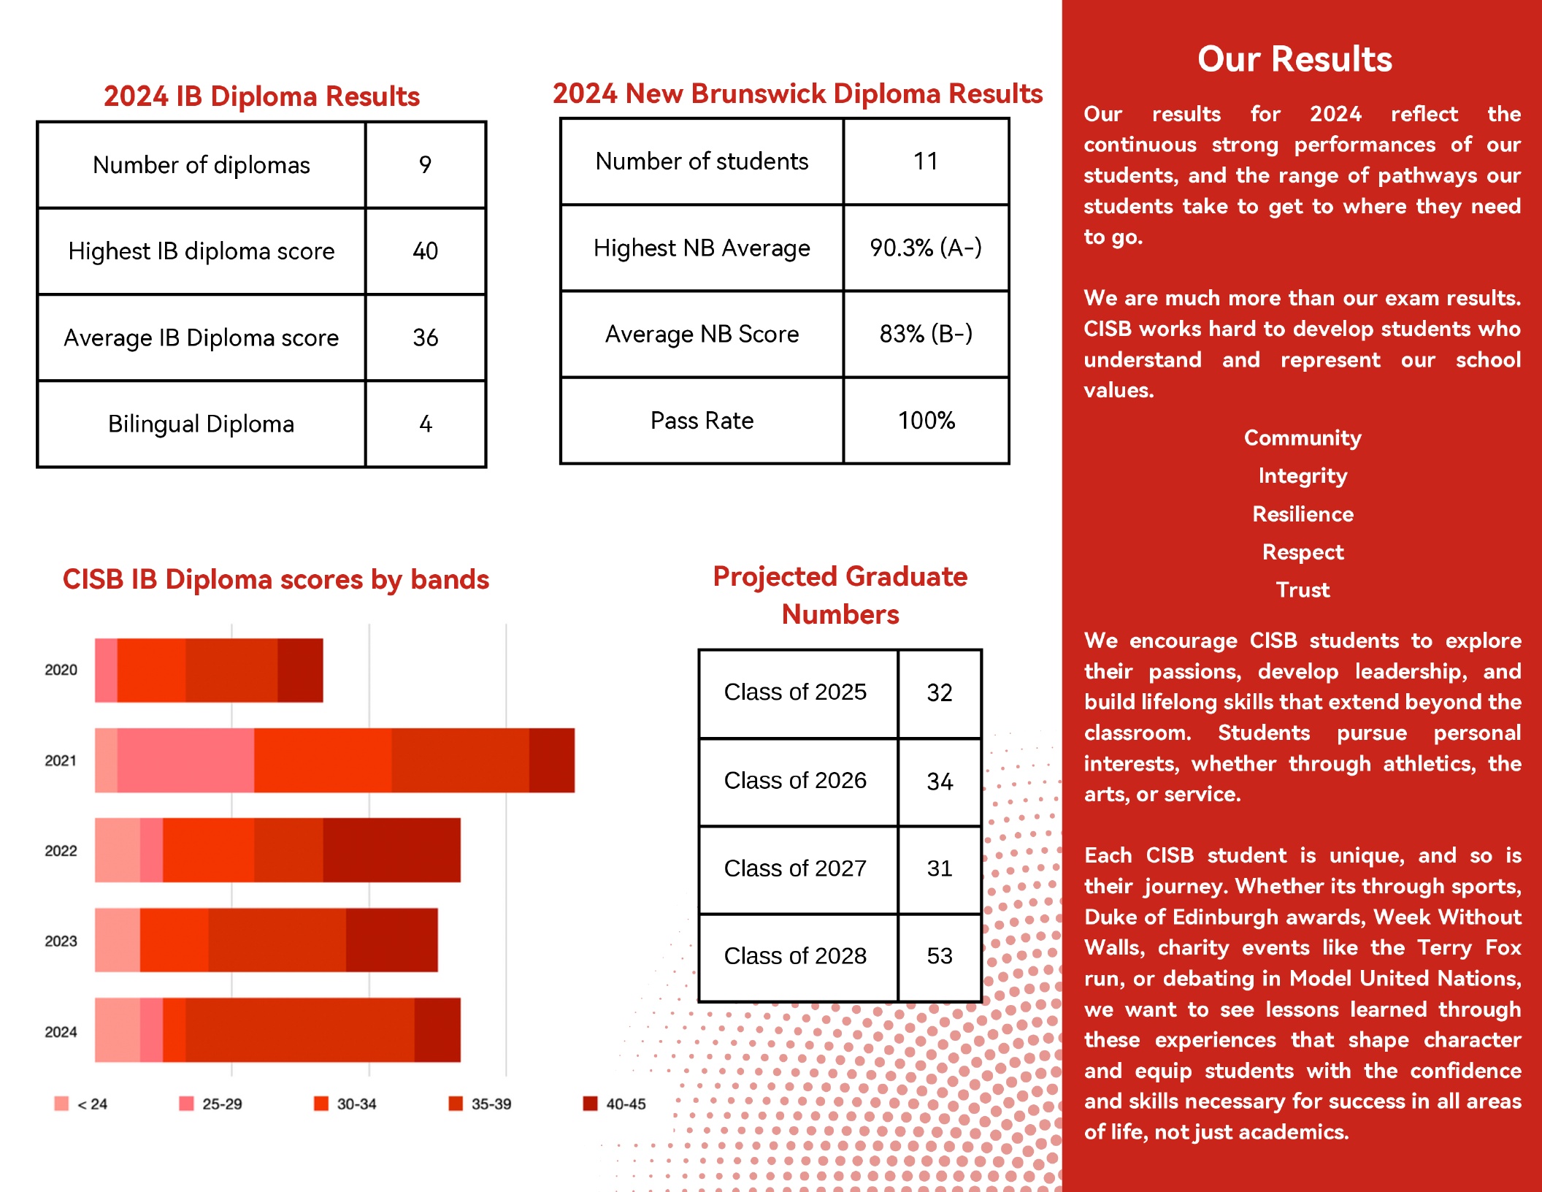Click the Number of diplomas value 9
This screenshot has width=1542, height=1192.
pyautogui.click(x=425, y=164)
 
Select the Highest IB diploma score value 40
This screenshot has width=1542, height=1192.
pyautogui.click(x=425, y=251)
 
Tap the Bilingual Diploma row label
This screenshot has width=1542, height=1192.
pyautogui.click(x=201, y=424)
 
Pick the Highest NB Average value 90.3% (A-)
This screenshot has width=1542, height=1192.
pyautogui.click(x=926, y=248)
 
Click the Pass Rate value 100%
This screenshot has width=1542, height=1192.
pyautogui.click(x=926, y=420)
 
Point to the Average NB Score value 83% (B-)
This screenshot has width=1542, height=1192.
pyautogui.click(x=926, y=334)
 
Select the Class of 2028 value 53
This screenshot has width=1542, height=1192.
pyautogui.click(x=940, y=955)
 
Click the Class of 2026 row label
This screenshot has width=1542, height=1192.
pyautogui.click(x=795, y=780)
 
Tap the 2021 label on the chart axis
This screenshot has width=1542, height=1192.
pyautogui.click(x=61, y=760)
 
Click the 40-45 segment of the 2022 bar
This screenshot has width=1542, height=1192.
pyautogui.click(x=391, y=850)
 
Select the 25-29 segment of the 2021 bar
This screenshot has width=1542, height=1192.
pyautogui.click(x=185, y=760)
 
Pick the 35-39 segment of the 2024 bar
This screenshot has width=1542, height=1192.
pyautogui.click(x=300, y=1029)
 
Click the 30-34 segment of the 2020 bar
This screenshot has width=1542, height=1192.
pyautogui.click(x=151, y=670)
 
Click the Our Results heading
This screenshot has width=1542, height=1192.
pyautogui.click(x=1294, y=58)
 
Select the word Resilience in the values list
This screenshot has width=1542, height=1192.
pyautogui.click(x=1303, y=513)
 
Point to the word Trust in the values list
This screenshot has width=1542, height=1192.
pyautogui.click(x=1303, y=589)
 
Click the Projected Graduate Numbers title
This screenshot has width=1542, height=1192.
pyautogui.click(x=840, y=595)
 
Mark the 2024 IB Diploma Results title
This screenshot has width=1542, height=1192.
pyautogui.click(x=261, y=96)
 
